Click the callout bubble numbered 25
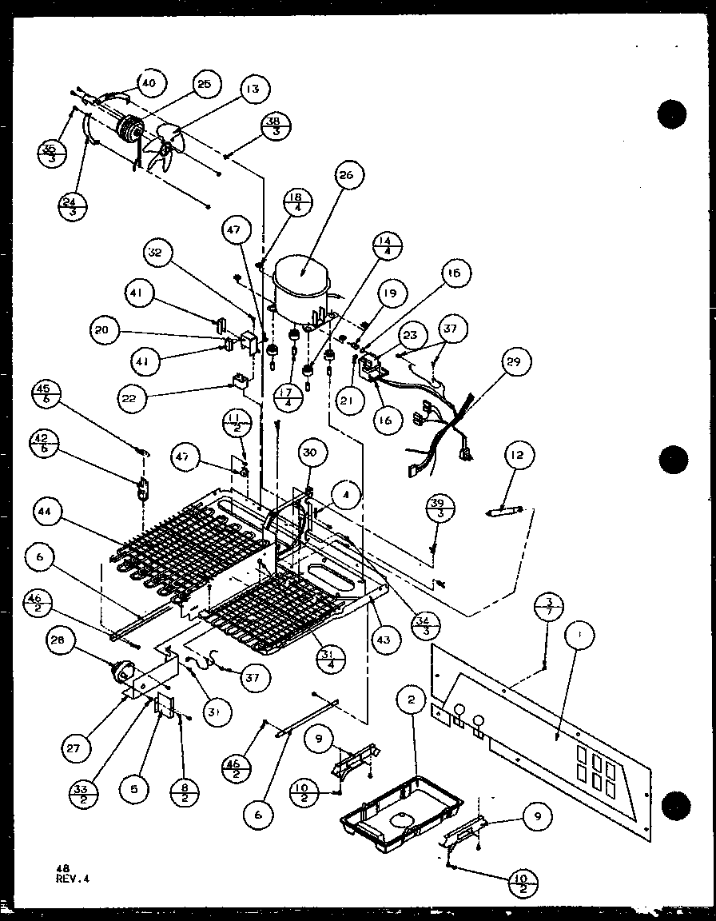(204, 82)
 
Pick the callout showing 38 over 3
(275, 128)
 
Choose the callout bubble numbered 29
(512, 362)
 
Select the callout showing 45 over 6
(46, 395)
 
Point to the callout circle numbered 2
(412, 700)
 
